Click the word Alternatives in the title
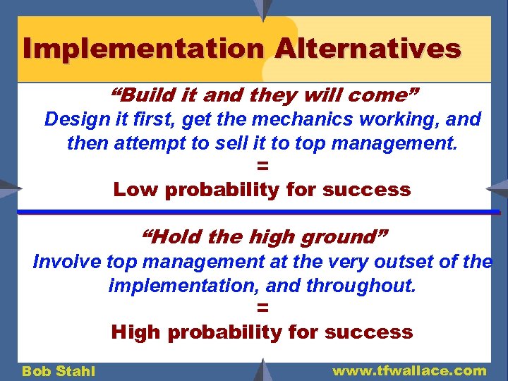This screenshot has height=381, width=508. [368, 49]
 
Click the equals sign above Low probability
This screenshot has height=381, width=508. [262, 167]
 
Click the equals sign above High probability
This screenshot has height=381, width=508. [262, 308]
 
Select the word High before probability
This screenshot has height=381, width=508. [134, 332]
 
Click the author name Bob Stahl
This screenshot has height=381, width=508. [58, 371]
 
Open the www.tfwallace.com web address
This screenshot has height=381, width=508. [409, 370]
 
